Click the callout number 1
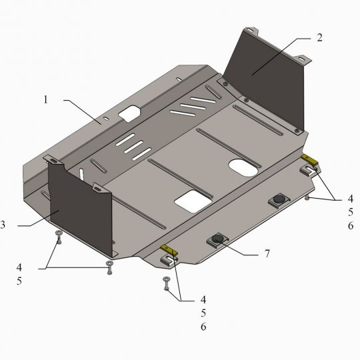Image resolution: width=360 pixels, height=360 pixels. pos(46,100)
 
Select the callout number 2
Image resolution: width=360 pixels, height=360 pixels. pos(319,37)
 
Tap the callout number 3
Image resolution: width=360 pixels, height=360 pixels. pos(3,225)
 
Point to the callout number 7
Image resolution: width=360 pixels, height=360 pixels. pos(267,254)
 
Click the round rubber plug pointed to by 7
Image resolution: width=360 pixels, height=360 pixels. pos(217,238)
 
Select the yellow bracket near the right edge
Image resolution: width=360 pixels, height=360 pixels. pos(310,159)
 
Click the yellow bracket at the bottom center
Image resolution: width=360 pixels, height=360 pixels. pos(169,250)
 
